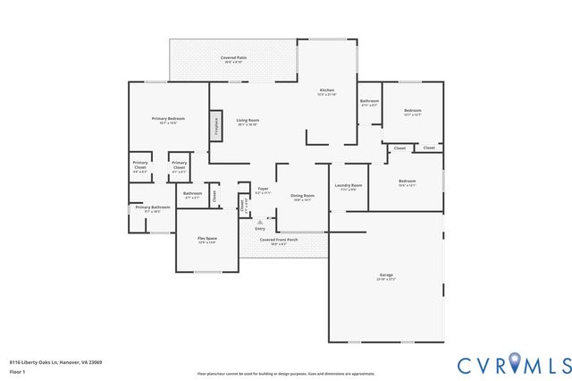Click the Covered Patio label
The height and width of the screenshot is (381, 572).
tap(234, 59)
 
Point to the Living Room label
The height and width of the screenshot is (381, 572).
tap(248, 122)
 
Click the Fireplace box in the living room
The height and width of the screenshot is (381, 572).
tap(215, 126)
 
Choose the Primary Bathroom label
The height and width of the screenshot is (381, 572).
tap(148, 209)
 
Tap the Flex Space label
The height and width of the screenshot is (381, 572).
tap(207, 240)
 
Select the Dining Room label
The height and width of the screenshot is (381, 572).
tap(302, 197)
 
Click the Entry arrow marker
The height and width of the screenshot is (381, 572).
tap(260, 221)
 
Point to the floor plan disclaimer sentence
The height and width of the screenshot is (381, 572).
tap(286, 373)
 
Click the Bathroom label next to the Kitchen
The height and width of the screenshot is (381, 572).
tap(370, 102)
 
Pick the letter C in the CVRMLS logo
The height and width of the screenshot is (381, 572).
tap(467, 365)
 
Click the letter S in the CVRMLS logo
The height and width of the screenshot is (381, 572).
tap(563, 365)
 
